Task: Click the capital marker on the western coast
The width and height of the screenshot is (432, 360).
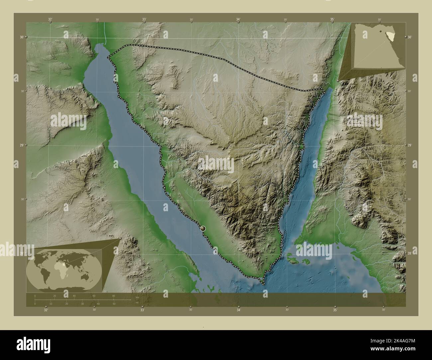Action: tap(203, 228)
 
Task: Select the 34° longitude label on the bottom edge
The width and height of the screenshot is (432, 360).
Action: tap(238, 310)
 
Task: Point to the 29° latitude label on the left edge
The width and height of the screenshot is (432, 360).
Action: tap(21, 145)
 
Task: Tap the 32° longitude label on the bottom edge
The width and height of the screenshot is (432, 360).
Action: tap(46, 310)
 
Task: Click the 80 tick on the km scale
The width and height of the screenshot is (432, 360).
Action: tap(114, 296)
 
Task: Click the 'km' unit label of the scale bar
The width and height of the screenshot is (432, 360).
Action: tap(137, 298)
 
